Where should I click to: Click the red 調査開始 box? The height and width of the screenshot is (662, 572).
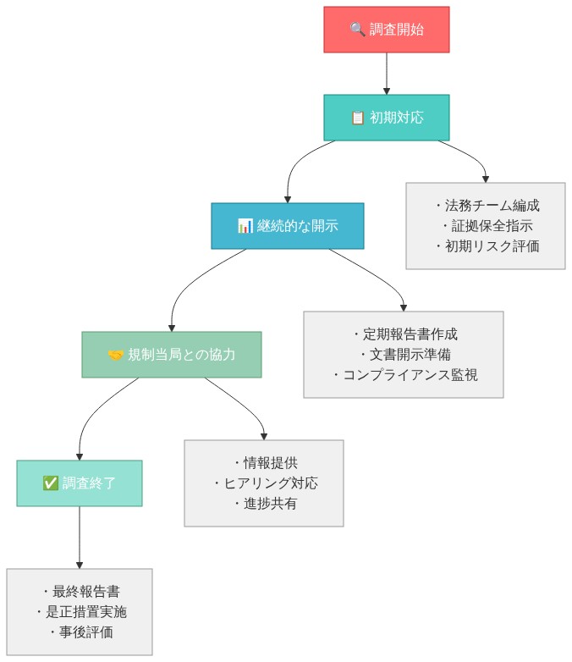point(387,30)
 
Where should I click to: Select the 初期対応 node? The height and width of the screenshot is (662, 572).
point(387,118)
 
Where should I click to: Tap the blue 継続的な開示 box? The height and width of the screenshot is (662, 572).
point(288,226)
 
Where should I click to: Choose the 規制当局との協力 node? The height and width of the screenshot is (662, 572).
point(172,355)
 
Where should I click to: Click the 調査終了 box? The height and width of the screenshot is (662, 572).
point(80,483)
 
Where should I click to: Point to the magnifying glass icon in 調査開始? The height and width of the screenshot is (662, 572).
point(357,30)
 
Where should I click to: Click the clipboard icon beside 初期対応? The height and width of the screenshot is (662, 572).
point(357,118)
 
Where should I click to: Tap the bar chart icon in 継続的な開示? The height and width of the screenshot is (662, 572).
point(245,226)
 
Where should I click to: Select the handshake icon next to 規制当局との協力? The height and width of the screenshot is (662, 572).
point(116,355)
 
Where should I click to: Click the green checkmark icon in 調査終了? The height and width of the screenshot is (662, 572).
point(50,483)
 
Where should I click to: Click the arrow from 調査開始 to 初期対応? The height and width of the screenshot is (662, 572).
point(387,74)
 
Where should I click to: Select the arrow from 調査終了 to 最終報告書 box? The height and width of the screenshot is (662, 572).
point(80,538)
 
